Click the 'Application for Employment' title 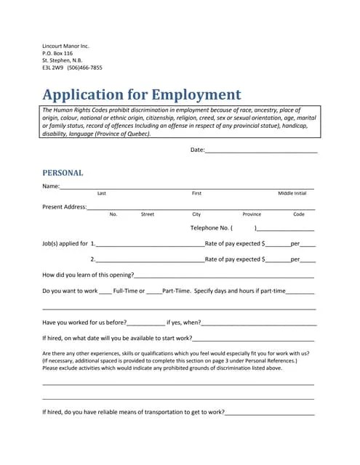tap(141, 94)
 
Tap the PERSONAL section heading tap(63, 173)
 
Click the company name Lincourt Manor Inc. tap(65, 46)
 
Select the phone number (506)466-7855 tap(85, 68)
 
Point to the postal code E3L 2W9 tap(52, 68)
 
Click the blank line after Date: tap(261, 151)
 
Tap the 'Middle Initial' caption tap(292, 194)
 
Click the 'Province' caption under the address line tap(252, 214)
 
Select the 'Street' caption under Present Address tap(148, 214)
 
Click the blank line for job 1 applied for tap(149, 245)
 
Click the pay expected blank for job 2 tap(277, 260)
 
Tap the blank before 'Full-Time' tap(105, 292)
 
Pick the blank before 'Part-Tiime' tap(154, 292)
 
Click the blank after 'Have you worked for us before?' tap(146, 323)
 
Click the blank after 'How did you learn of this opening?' tap(224, 277)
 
